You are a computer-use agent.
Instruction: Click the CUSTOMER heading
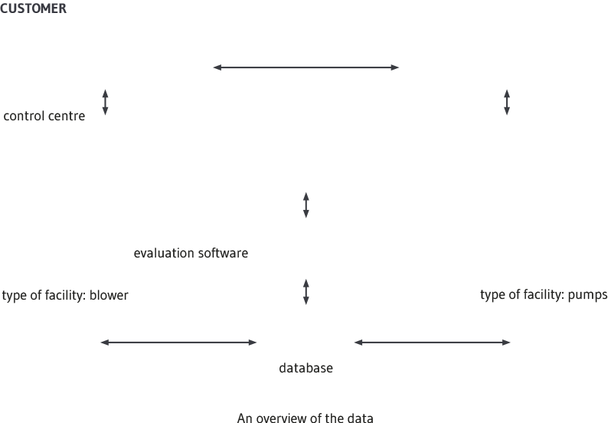click(33, 8)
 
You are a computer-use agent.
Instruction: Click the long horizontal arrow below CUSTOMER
click(306, 67)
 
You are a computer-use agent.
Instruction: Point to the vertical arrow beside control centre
click(105, 102)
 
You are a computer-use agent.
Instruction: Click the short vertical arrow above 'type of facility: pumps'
click(507, 102)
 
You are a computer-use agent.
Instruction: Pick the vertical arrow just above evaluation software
click(306, 205)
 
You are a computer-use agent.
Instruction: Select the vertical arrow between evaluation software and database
click(306, 292)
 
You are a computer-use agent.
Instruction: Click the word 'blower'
click(109, 295)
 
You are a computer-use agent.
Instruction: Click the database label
click(306, 368)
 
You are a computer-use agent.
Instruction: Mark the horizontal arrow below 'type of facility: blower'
click(178, 343)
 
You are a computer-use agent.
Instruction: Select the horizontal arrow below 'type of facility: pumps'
click(432, 343)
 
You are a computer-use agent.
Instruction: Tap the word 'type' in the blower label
click(14, 296)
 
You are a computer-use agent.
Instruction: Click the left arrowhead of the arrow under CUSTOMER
click(217, 67)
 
